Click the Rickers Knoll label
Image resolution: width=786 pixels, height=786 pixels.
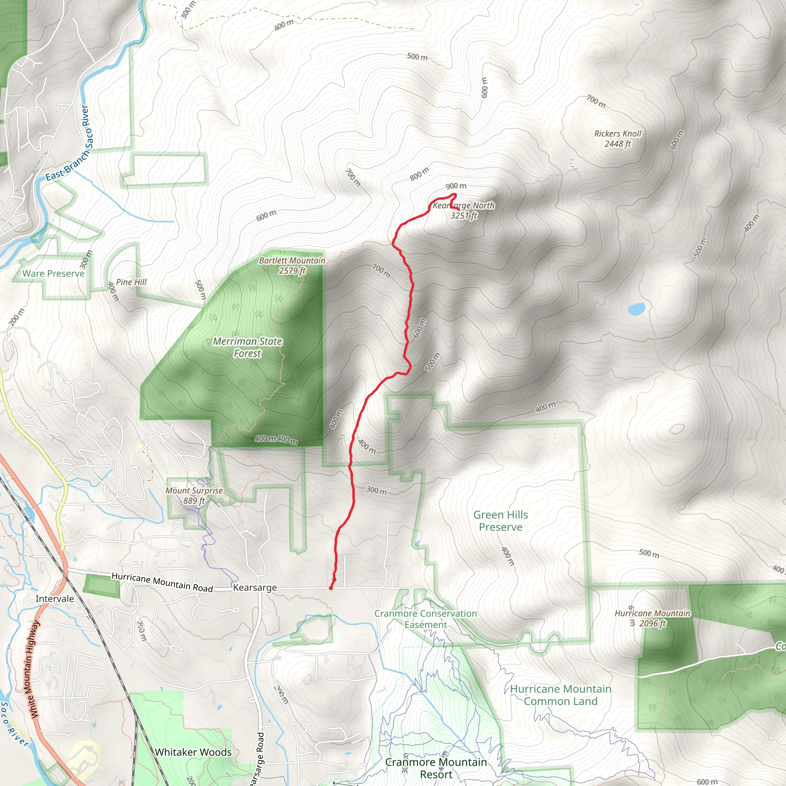click(617, 139)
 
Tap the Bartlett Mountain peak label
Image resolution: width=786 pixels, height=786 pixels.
click(292, 266)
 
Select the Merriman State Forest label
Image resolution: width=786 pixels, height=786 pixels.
click(248, 347)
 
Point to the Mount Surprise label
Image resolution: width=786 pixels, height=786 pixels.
click(194, 495)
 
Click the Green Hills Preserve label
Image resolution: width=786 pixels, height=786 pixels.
click(500, 521)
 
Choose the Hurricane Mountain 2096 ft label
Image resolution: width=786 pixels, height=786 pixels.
click(652, 618)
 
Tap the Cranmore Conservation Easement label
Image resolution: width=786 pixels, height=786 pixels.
click(426, 619)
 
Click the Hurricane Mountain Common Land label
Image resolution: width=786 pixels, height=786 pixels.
click(561, 695)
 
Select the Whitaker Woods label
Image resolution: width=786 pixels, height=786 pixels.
click(193, 752)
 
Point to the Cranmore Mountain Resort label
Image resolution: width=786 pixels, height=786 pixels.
click(436, 768)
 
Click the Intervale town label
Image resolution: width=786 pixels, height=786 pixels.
click(55, 599)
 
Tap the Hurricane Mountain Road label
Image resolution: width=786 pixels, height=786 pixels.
click(162, 582)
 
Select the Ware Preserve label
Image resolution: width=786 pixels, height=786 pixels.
click(53, 273)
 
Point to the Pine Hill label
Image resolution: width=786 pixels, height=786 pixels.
click(131, 282)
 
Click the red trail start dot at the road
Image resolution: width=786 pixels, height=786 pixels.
click(331, 588)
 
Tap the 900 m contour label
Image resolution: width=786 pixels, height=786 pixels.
click(456, 186)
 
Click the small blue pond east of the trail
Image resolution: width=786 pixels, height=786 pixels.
click(636, 309)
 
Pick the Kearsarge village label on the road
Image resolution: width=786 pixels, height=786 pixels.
click(255, 588)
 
